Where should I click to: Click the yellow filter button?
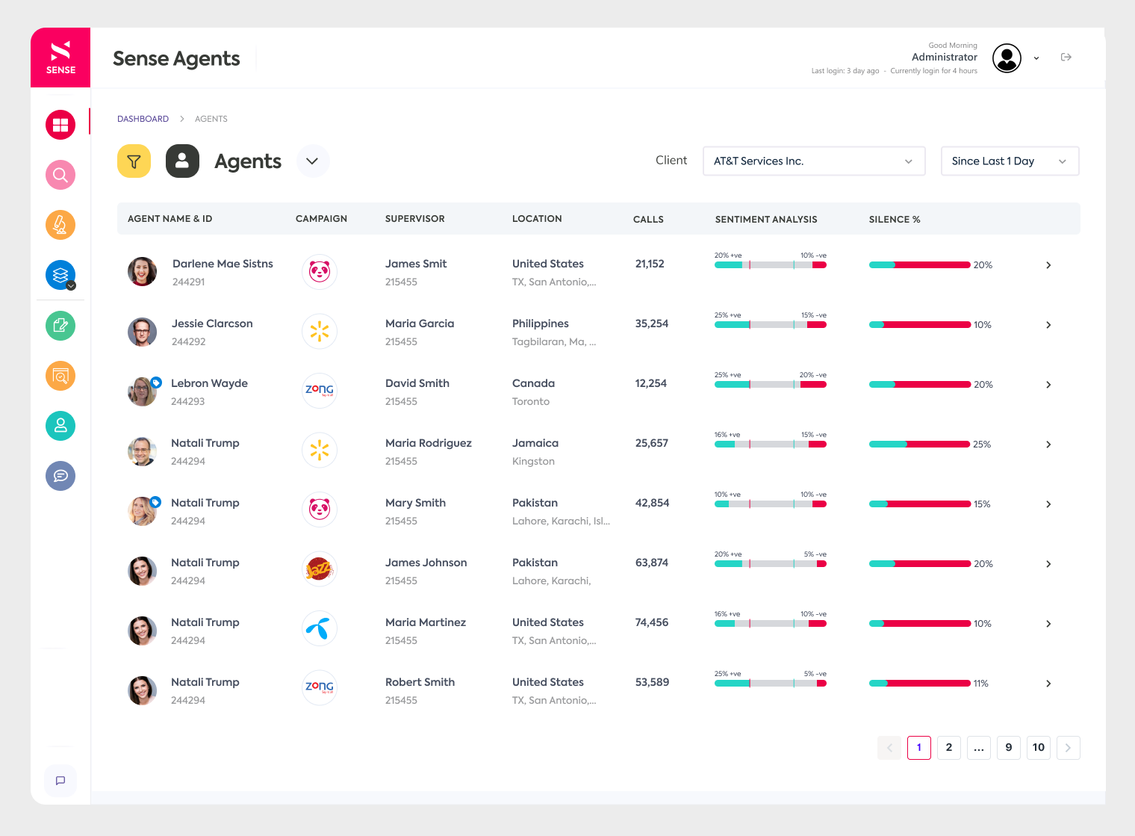coord(134,161)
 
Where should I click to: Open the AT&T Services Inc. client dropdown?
coord(813,161)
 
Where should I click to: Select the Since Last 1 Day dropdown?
coord(1009,161)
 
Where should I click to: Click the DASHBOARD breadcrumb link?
coord(143,119)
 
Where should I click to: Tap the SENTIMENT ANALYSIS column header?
coord(765,220)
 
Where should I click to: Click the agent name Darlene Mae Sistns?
coord(223,264)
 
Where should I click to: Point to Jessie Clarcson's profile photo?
coord(142,332)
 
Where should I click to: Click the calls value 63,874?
coord(651,563)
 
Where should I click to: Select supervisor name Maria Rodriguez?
coord(428,443)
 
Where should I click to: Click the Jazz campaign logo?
coord(320,570)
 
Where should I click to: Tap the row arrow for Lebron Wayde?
coord(1048,385)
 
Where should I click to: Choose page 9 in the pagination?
coord(1008,748)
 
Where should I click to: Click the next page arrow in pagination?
coord(1068,748)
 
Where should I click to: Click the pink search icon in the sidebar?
coord(60,175)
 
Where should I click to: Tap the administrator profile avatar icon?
coord(1007,58)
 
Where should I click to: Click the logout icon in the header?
coord(1066,58)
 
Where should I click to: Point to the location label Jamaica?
coord(535,443)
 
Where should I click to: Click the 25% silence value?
coord(981,445)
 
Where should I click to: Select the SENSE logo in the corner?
coord(60,58)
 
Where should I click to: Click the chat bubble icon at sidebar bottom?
coord(60,781)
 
